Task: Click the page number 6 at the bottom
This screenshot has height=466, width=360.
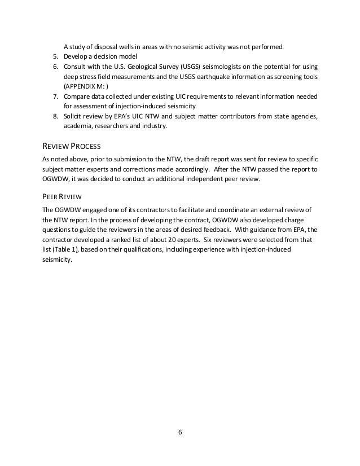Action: [180, 433]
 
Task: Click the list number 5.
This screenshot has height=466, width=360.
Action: [54, 57]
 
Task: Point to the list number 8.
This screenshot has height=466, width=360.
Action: [54, 116]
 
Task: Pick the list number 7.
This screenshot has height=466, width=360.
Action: [54, 96]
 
